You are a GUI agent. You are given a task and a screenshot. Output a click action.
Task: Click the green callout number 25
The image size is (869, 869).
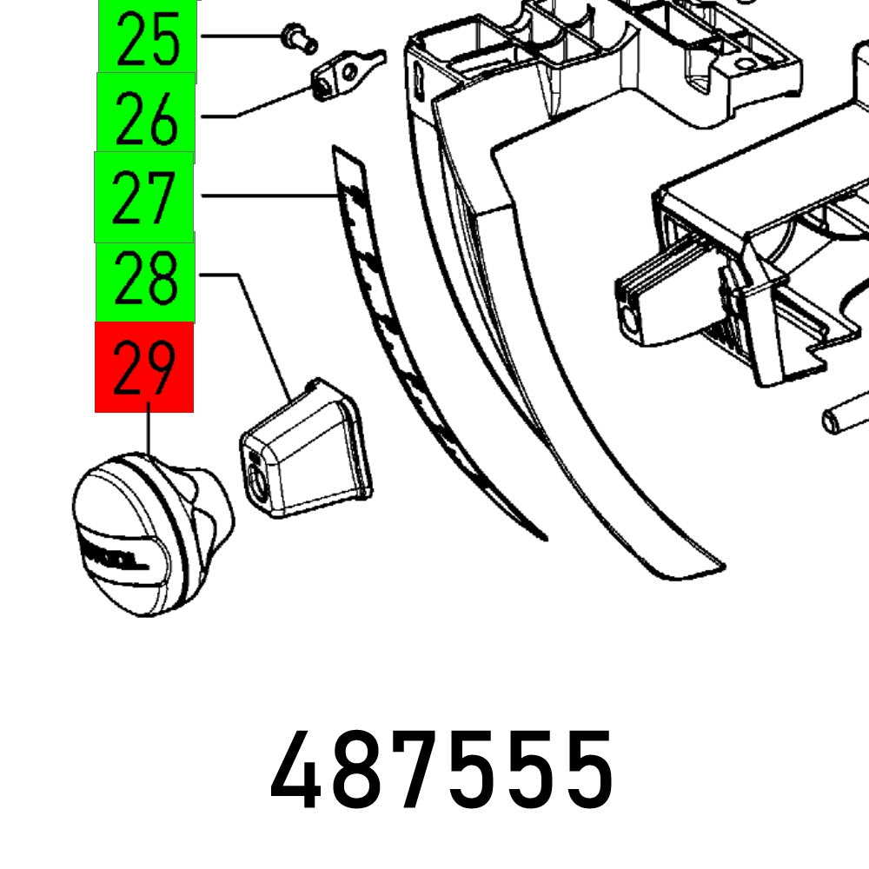coord(146,39)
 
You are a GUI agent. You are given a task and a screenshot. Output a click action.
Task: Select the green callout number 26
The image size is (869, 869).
coord(146,117)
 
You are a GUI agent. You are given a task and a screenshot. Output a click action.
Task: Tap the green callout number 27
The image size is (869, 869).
coord(144,196)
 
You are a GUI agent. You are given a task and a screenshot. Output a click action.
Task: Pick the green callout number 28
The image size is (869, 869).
coord(145,276)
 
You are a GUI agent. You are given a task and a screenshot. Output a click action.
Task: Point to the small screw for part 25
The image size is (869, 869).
coord(298,37)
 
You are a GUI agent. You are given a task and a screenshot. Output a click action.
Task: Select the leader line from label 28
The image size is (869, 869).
coord(261,330)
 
